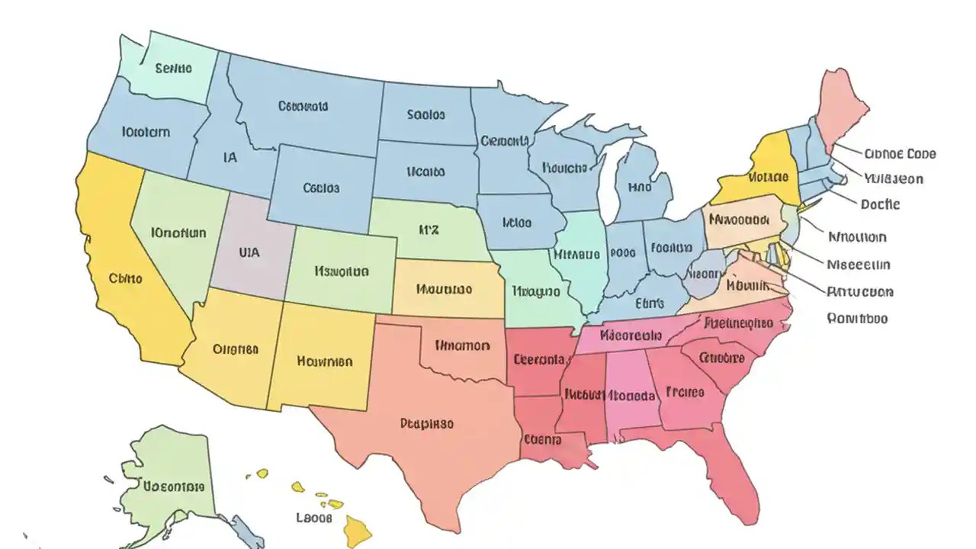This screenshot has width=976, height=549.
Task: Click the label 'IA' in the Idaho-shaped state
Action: (230, 158)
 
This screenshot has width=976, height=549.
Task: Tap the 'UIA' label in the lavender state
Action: (249, 251)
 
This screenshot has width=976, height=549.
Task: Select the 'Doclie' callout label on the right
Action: (880, 204)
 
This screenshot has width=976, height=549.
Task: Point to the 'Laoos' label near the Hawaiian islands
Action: (313, 518)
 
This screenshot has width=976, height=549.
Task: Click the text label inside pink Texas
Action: (426, 423)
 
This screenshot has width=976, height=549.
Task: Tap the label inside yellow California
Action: (126, 279)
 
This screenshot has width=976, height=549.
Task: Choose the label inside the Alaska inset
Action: (174, 486)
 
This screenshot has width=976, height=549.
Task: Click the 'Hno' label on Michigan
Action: (640, 187)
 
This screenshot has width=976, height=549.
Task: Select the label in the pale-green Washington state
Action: (174, 69)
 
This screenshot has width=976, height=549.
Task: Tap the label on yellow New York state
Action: (767, 178)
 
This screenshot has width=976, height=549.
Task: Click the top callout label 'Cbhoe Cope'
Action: (900, 154)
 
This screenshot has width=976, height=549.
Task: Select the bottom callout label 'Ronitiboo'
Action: (858, 319)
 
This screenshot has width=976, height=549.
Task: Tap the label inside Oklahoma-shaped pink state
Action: (462, 345)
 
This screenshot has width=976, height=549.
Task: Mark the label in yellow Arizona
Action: (235, 350)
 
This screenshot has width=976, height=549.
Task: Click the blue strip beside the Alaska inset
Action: (246, 530)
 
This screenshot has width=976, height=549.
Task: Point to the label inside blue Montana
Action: (303, 107)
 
